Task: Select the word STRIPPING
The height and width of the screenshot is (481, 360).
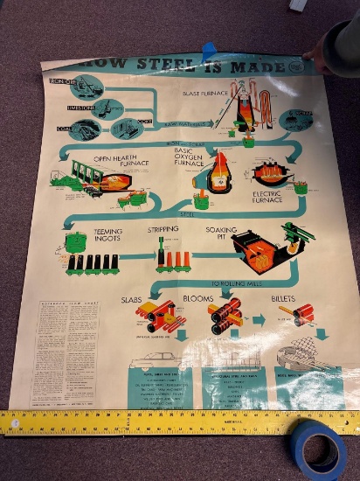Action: [x=163, y=229]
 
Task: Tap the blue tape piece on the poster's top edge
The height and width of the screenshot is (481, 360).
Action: [x=209, y=51]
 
